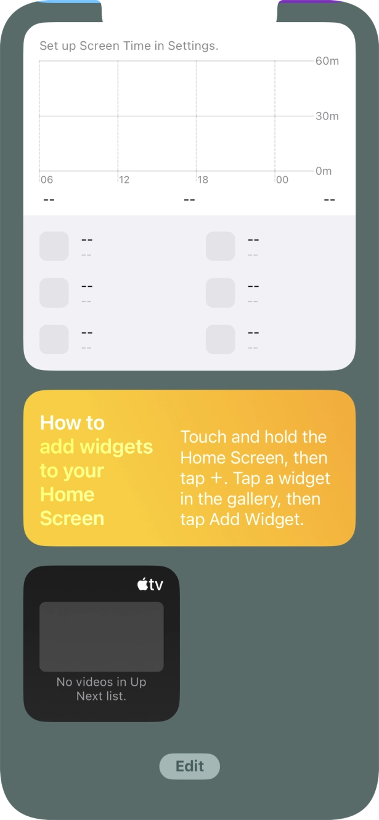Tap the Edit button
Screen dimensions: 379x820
coord(190,766)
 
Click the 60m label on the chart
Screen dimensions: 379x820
coord(327,61)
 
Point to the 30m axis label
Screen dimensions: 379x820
coord(327,116)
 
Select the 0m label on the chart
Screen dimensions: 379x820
coord(324,171)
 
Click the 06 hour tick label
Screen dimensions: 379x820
coord(47,180)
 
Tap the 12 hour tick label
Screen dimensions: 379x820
coord(124,180)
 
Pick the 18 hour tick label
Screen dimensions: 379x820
coord(203,180)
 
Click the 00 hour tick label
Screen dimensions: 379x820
coord(282,180)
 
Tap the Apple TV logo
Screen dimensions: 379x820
coord(150,584)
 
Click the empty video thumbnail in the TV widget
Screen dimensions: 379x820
coord(102,637)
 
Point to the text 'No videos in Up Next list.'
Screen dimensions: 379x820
coord(102,689)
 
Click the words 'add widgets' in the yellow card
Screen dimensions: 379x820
coord(96,446)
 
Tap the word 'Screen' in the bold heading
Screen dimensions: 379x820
coord(72,518)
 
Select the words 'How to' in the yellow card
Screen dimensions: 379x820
coord(72,423)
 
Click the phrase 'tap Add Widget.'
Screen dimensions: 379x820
coord(242,520)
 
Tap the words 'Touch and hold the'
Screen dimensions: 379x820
coord(254,436)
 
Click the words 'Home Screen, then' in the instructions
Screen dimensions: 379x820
coord(254,458)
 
